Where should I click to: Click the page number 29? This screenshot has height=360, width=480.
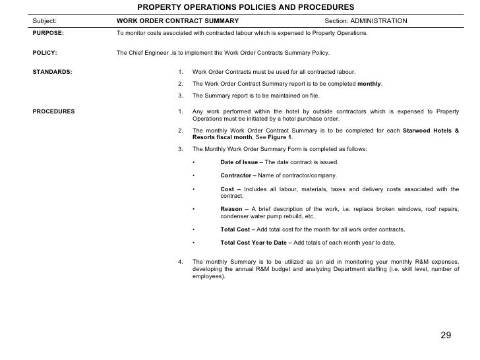(446, 335)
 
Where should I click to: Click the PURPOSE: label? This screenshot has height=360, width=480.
(48, 32)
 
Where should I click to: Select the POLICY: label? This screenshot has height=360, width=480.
(45, 53)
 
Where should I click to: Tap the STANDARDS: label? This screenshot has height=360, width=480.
(52, 71)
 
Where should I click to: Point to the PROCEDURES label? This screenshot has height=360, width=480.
(53, 111)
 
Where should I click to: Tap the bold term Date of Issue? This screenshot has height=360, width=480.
(239, 162)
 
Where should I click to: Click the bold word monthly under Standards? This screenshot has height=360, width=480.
(369, 84)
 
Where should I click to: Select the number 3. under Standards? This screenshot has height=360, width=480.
(181, 96)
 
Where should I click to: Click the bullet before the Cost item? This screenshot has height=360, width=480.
(194, 190)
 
